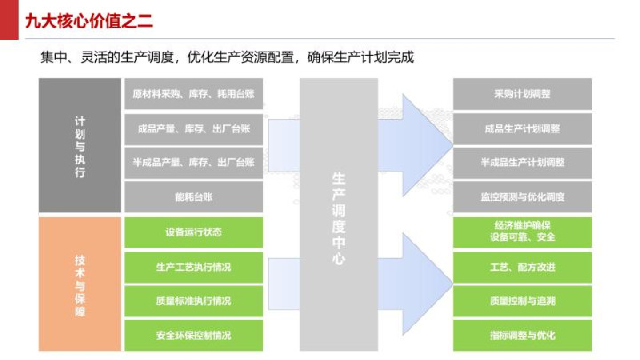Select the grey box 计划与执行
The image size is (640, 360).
point(80,146)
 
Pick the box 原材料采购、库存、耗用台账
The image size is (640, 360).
point(194,94)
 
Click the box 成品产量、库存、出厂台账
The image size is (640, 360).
point(194,129)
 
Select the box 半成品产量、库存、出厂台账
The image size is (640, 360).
point(194,163)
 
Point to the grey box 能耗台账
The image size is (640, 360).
point(194,196)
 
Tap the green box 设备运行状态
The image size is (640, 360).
point(194,233)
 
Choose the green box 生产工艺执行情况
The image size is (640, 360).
point(194,267)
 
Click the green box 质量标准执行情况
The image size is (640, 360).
point(194,300)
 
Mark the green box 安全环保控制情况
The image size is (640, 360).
point(194,335)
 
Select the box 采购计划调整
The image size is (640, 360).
point(523,94)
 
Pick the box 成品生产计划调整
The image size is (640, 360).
point(523,129)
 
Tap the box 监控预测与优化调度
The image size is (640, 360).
point(523,196)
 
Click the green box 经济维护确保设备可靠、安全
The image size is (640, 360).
point(523,231)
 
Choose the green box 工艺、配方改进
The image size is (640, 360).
point(523,267)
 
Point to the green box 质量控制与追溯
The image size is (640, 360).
point(523,300)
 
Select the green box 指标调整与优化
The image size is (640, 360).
point(523,335)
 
